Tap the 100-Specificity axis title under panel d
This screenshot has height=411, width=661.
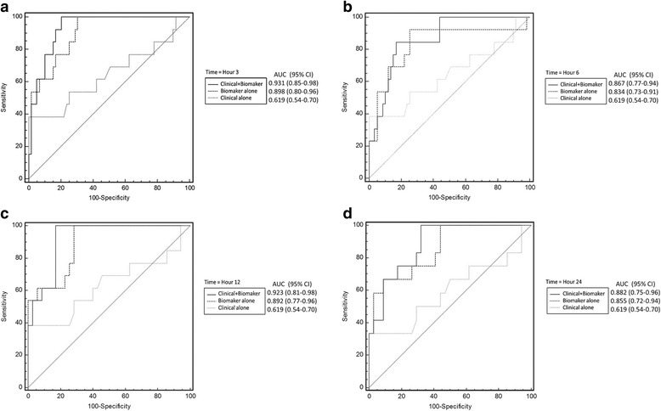click(449, 406)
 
